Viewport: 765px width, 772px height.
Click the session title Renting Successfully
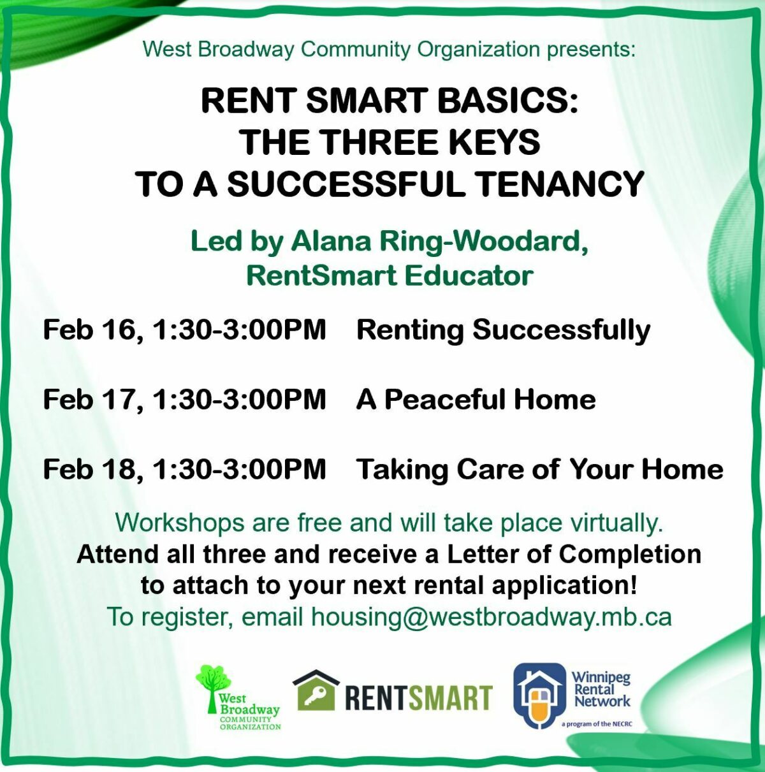click(x=503, y=330)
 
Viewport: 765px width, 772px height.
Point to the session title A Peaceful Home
click(x=476, y=400)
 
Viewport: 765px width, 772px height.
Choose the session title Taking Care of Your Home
click(x=539, y=469)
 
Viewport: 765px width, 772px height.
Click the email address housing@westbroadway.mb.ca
click(x=491, y=617)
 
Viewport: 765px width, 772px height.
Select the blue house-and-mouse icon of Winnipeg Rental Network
click(x=539, y=696)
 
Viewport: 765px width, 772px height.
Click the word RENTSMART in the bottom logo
click(x=418, y=697)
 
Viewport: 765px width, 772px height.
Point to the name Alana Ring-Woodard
click(x=439, y=242)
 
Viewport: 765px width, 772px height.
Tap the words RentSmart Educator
click(x=390, y=275)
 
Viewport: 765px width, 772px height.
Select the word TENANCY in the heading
click(x=559, y=184)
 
